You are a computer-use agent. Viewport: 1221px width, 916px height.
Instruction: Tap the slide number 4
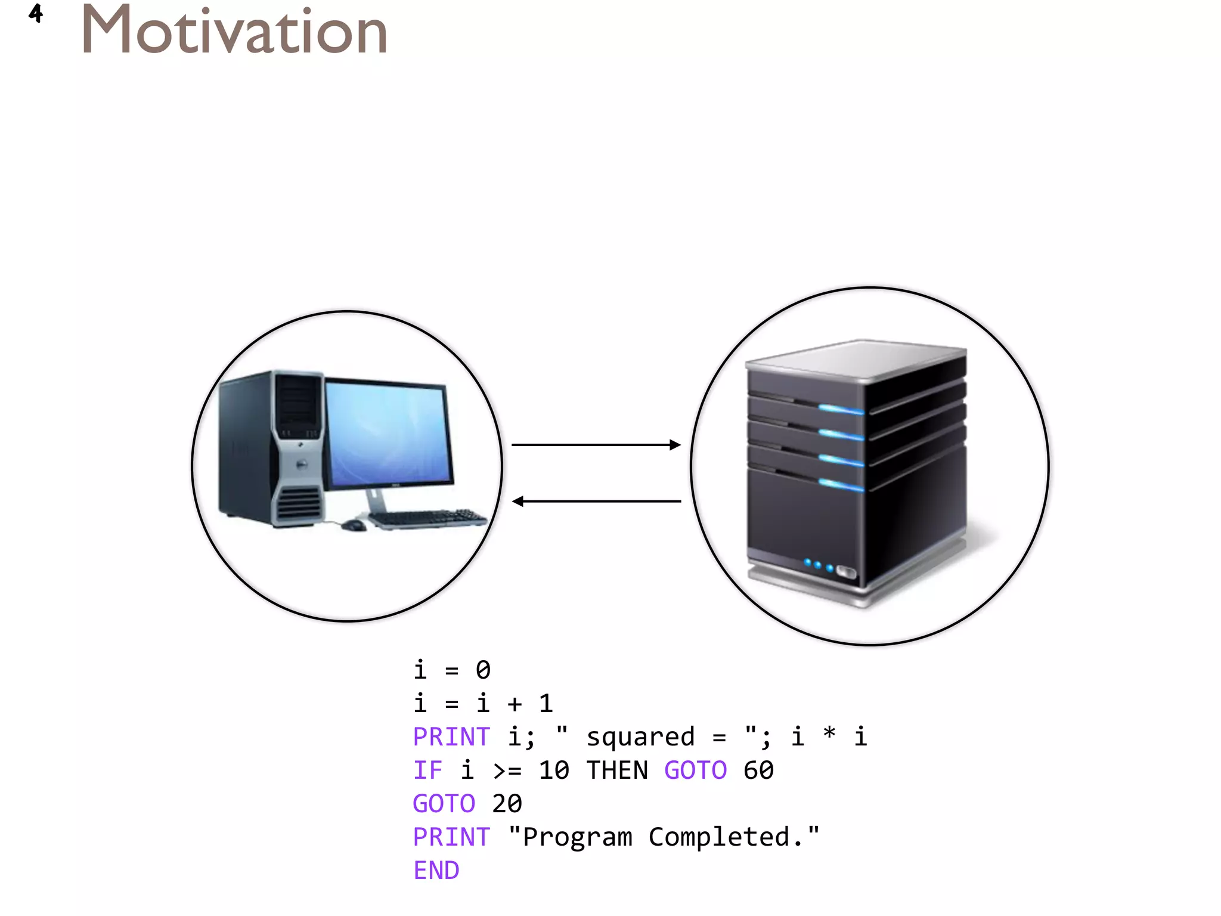(36, 13)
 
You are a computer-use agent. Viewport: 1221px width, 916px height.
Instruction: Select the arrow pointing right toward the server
(596, 445)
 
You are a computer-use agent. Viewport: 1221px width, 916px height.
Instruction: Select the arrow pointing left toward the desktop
(596, 502)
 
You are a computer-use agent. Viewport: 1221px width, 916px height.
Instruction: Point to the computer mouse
(354, 525)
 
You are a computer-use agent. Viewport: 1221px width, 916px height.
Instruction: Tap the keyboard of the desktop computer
(427, 518)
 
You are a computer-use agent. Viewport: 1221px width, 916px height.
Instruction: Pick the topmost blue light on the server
(841, 409)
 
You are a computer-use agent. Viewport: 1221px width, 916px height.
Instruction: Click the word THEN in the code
(617, 770)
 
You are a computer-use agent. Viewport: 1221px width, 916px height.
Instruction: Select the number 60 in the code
(758, 770)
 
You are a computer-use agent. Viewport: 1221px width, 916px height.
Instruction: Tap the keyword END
(436, 871)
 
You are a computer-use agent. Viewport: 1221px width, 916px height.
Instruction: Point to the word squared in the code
(640, 737)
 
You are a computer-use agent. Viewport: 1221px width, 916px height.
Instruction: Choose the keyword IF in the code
(428, 770)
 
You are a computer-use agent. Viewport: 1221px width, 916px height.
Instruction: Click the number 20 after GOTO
(507, 804)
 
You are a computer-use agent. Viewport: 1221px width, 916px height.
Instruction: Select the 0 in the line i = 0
(483, 670)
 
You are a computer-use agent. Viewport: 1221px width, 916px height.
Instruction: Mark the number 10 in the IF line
(554, 770)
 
